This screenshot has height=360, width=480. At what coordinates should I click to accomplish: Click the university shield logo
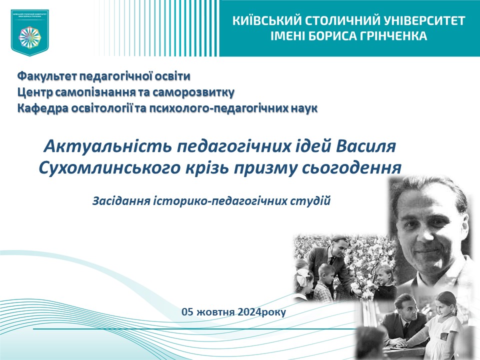tap(30, 31)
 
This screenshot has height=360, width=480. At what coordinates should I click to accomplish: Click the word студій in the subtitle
tap(312, 201)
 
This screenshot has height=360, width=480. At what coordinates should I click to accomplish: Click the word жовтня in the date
tap(215, 312)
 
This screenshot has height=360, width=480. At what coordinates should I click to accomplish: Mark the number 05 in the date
tap(187, 312)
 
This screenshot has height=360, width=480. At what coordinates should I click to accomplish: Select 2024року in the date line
tap(262, 312)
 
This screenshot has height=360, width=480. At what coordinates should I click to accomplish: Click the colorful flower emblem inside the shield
tap(30, 36)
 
